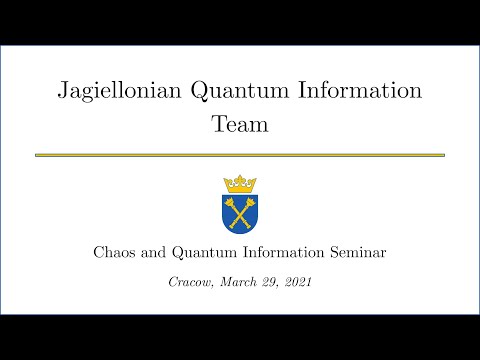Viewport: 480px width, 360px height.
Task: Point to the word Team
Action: pos(239,126)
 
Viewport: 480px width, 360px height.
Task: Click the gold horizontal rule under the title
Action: pos(239,155)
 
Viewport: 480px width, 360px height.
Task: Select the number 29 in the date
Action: pos(268,283)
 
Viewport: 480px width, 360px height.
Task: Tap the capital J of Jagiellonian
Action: pos(62,92)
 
